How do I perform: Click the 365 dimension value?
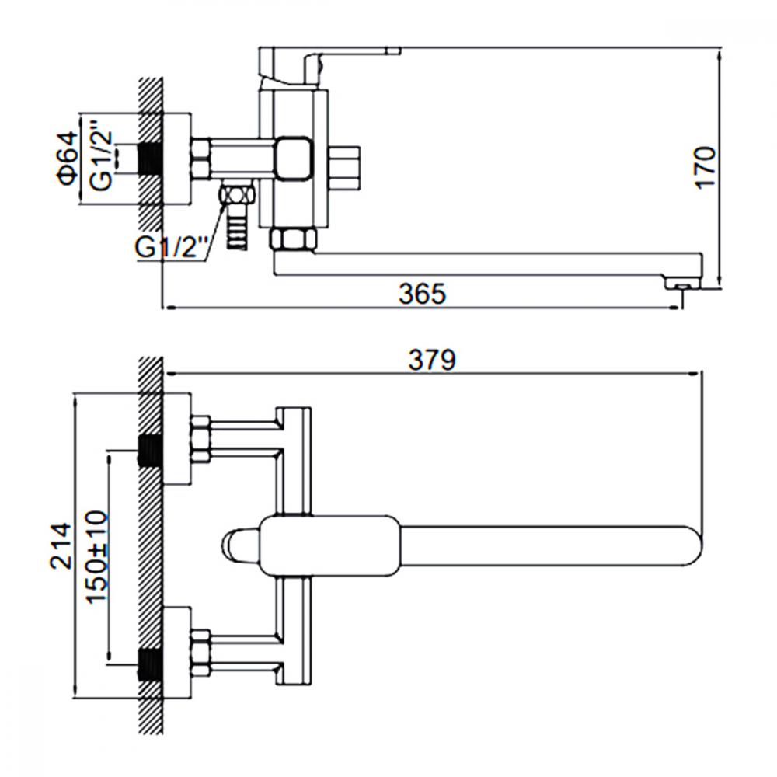click(x=422, y=294)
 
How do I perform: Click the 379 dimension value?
click(x=431, y=360)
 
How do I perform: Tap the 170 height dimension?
click(x=706, y=167)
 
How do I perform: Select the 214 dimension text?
click(x=61, y=545)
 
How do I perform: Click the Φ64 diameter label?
click(x=68, y=158)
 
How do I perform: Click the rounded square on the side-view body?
click(x=294, y=159)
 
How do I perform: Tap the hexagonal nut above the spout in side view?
click(x=293, y=239)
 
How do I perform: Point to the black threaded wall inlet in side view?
click(x=150, y=159)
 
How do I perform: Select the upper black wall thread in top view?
click(x=150, y=451)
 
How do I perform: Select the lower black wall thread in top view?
click(x=150, y=665)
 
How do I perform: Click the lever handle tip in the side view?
click(x=393, y=50)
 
